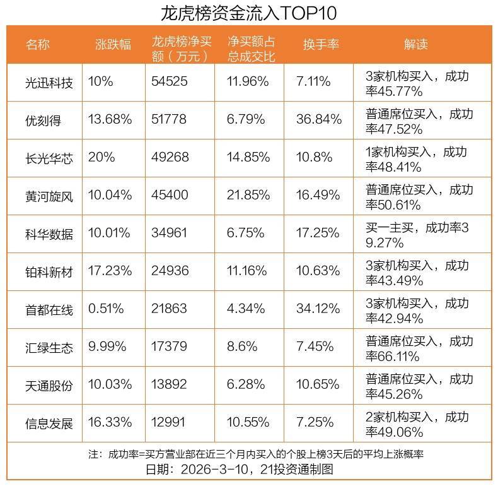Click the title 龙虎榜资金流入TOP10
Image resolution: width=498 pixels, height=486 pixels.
point(249,13)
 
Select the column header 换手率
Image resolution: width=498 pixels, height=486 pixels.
point(321,44)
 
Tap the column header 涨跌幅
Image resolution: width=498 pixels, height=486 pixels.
point(113,44)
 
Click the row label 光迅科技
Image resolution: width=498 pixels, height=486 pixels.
point(49,82)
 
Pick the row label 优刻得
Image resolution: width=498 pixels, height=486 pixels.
point(43,120)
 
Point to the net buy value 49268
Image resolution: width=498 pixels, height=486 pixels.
point(170,157)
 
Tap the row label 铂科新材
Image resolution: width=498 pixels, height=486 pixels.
point(49,271)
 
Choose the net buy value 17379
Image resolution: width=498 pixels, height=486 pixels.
point(170,347)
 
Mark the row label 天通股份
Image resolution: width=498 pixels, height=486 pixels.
point(49,384)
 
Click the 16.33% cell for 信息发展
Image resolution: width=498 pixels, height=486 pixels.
point(110,422)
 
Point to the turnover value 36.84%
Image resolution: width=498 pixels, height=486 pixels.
point(318,120)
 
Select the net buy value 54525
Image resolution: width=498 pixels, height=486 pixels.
point(170,82)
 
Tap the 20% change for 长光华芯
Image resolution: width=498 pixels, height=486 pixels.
point(101,157)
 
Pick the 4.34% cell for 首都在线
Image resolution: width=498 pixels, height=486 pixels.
point(245,309)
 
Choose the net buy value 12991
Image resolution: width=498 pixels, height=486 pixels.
point(170,422)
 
